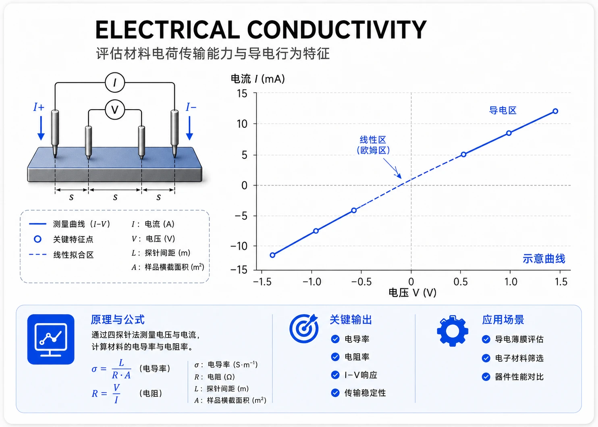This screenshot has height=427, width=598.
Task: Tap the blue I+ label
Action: pos(39,107)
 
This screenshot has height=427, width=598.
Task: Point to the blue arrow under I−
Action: pos(189,129)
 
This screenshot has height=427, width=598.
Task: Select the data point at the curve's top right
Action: pos(555,111)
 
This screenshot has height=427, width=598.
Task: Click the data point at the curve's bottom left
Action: pos(272,255)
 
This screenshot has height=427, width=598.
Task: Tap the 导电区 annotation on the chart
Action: pos(502,110)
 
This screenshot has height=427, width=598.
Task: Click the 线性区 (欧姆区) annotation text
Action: pos(373,145)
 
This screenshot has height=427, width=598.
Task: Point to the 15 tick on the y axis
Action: pos(242,93)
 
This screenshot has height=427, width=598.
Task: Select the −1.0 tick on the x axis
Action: pos(312,282)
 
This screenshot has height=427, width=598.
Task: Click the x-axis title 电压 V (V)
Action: pos(413,293)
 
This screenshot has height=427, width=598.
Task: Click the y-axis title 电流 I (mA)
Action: pos(257,79)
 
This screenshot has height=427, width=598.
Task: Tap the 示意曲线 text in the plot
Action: pos(544,259)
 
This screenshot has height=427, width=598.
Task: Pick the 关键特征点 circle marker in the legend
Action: pos(37,239)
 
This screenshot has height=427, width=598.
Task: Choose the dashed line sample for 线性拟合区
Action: pos(37,254)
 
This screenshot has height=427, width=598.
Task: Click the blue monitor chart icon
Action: pos(51,339)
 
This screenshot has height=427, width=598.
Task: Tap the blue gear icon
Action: pos(453,331)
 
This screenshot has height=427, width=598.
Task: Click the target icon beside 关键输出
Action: pos(304,328)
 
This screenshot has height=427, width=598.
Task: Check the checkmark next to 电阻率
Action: pos(335,357)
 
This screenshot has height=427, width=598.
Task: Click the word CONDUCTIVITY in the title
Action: pos(336,30)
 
